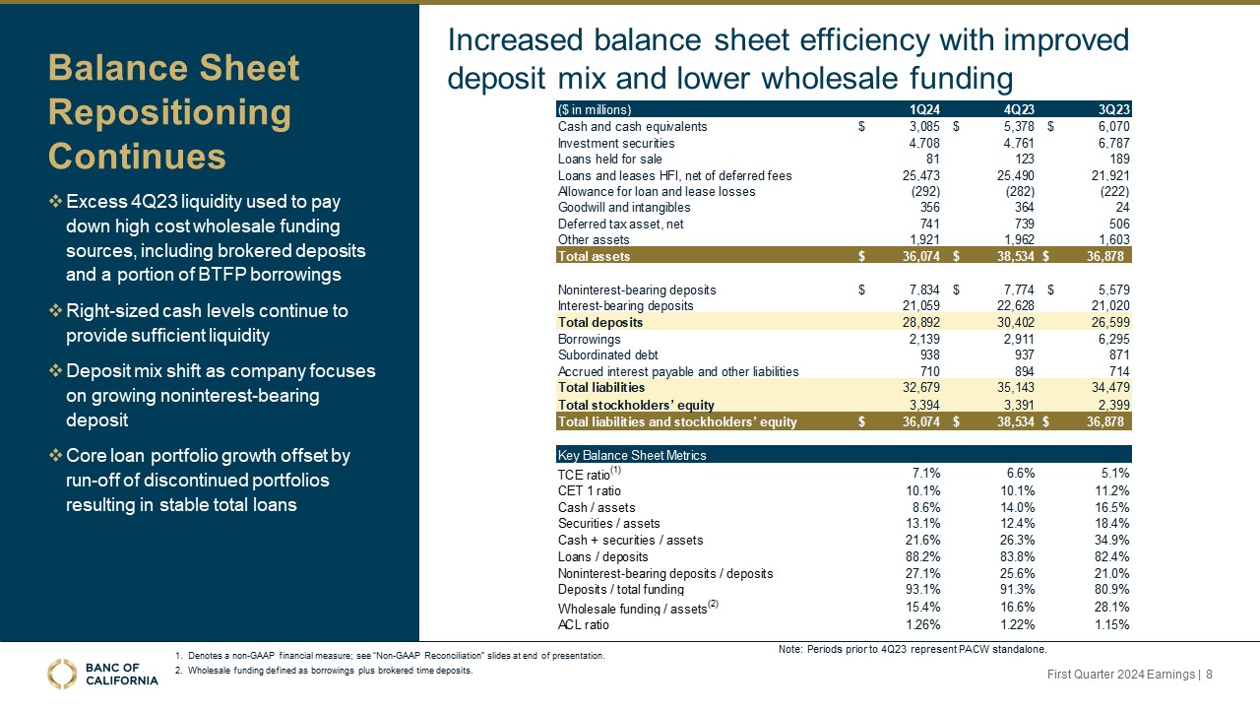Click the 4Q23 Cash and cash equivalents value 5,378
[1015, 127]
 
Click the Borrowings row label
[589, 339]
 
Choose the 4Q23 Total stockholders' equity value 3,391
[1017, 405]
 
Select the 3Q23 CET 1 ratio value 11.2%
[1110, 491]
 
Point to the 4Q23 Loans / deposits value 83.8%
[1015, 556]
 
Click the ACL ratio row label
[584, 624]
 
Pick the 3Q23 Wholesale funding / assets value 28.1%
[1110, 608]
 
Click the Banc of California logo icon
[62, 674]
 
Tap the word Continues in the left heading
[137, 156]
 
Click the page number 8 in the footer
[1209, 675]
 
